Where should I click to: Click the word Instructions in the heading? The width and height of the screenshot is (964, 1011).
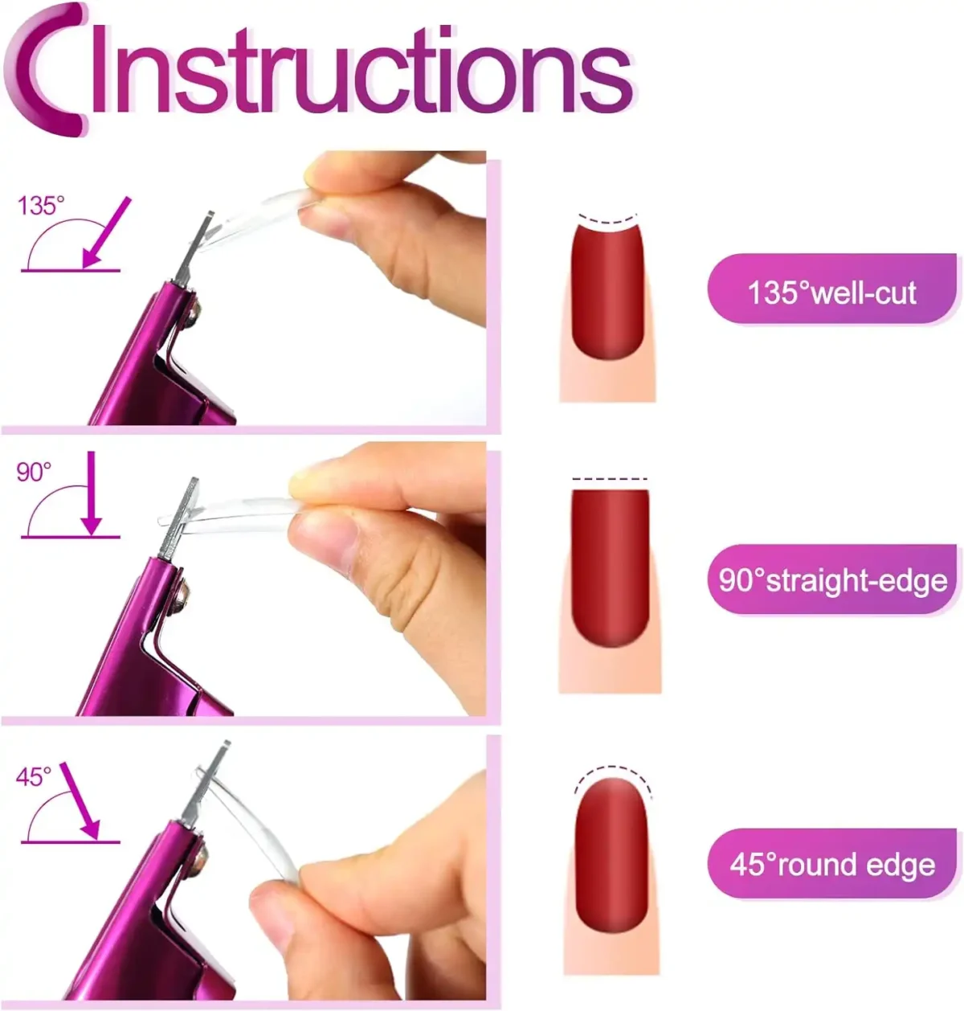pos(361,68)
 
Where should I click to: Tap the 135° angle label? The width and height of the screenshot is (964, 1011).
pos(41,206)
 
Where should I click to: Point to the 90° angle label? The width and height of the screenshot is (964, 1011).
pos(34,472)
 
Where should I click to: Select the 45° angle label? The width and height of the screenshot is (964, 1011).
pos(34,777)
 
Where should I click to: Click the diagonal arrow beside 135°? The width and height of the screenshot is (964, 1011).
pos(107,232)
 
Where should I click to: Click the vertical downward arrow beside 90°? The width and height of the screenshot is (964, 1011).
pos(92,493)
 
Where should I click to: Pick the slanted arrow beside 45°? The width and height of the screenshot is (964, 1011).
pos(80,801)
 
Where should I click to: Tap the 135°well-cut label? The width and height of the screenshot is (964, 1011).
pos(831,293)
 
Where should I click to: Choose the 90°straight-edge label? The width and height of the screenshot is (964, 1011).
pos(832,580)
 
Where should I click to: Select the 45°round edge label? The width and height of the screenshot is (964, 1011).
pos(832,865)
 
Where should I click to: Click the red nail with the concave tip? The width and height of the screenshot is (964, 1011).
pos(607,292)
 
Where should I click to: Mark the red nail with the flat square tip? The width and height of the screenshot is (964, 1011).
pos(610,567)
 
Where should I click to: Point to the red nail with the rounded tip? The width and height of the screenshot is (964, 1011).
pos(611,854)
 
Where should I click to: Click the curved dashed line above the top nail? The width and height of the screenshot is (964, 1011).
pos(607,221)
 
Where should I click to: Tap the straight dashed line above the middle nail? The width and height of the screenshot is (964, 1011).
pos(609,479)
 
